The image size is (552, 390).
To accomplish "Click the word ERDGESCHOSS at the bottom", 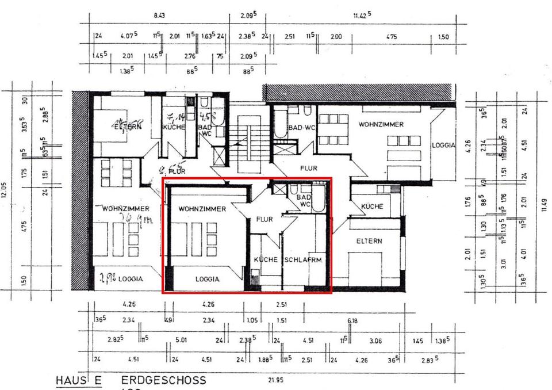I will click(x=163, y=381).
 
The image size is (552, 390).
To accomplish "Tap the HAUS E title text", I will click(x=78, y=381).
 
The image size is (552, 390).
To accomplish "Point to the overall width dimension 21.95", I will click(x=277, y=380).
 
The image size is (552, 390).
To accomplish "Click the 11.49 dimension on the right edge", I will click(x=545, y=205).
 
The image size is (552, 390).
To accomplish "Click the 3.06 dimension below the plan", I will click(x=376, y=341).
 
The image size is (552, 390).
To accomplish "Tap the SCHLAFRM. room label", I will click(x=304, y=260).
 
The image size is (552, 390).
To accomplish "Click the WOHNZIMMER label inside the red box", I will click(x=202, y=209).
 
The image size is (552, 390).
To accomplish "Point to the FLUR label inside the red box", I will click(x=264, y=219).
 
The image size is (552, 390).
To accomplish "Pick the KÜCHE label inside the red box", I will click(x=266, y=260).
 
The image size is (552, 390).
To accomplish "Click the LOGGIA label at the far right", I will click(x=443, y=146).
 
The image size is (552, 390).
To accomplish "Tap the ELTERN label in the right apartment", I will click(x=369, y=241).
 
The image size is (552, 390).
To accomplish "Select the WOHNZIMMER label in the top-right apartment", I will click(x=381, y=124).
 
